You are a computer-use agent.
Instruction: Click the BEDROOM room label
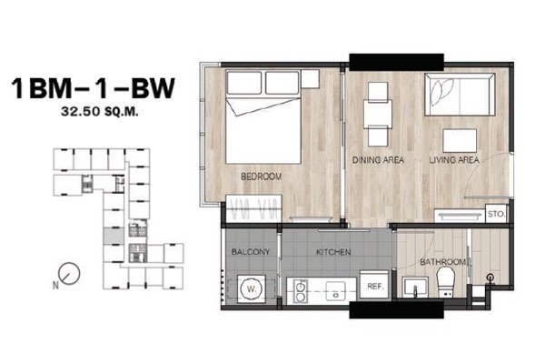[x=262, y=177]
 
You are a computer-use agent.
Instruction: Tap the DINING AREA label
[x=378, y=160]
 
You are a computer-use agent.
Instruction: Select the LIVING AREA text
[x=454, y=160]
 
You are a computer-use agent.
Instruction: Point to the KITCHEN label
[x=333, y=252]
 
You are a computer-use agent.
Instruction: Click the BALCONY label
[x=251, y=251]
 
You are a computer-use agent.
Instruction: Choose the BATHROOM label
[x=443, y=261]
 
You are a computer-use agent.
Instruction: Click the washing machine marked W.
[x=252, y=288]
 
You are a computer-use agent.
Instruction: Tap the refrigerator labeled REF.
[x=374, y=285]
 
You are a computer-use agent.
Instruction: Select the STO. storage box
[x=496, y=214]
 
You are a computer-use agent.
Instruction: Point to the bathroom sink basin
[x=415, y=287]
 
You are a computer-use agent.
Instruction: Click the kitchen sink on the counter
[x=335, y=291]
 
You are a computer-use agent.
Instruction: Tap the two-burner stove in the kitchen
[x=300, y=291]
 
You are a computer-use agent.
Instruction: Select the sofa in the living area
[x=460, y=95]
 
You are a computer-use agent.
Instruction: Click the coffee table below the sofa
[x=460, y=140]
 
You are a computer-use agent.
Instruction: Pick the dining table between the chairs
[x=378, y=115]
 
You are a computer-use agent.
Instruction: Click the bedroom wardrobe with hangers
[x=253, y=208]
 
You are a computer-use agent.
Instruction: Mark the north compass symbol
[x=69, y=273]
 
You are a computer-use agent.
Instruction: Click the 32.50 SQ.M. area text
[x=100, y=112]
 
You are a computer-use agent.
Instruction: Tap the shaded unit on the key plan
[x=114, y=237]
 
